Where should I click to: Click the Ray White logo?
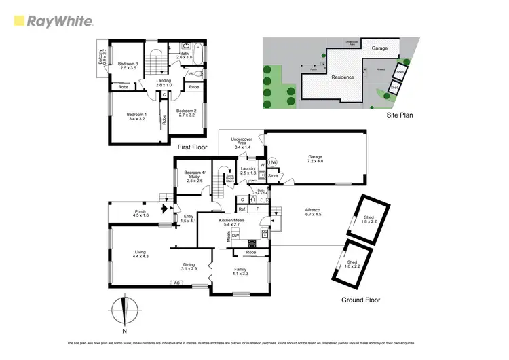pyautogui.click(x=53, y=21)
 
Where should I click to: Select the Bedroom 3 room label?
pyautogui.click(x=128, y=66)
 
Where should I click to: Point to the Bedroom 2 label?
pyautogui.click(x=186, y=113)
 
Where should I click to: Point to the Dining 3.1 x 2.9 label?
pyautogui.click(x=189, y=267)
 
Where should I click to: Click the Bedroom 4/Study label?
pyautogui.click(x=194, y=177)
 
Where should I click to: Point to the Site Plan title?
pyautogui.click(x=400, y=115)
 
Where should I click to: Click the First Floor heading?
pyautogui.click(x=192, y=147)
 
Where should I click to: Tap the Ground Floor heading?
pyautogui.click(x=362, y=300)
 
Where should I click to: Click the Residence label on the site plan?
pyautogui.click(x=343, y=77)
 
